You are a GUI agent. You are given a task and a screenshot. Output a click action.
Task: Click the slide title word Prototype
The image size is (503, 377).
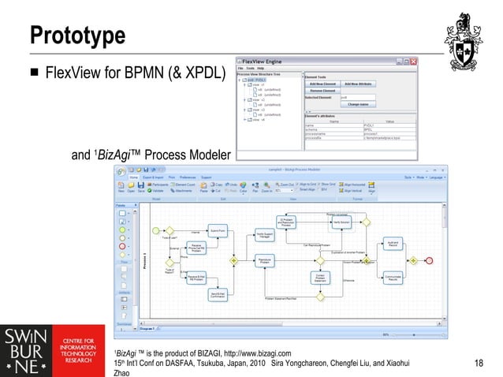coord(77,35)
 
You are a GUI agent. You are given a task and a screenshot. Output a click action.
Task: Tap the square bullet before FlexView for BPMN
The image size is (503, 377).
coord(35,75)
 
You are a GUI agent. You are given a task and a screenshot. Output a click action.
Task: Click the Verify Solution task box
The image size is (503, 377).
coord(341,222)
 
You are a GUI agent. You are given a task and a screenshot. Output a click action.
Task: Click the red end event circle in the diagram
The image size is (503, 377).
coord(430,259)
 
